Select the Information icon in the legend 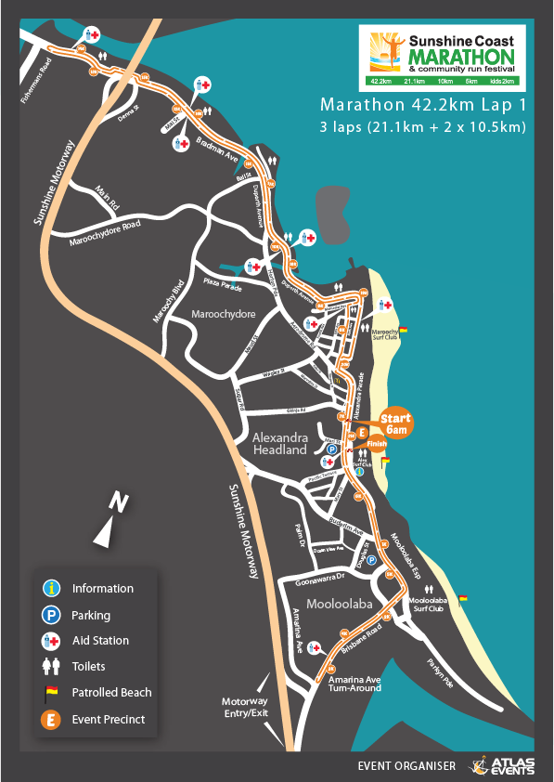pos(53,588)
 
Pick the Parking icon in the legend pos(53,615)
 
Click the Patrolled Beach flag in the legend pos(53,692)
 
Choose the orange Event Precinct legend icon pos(53,719)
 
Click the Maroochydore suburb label pos(223,314)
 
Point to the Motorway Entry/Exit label pos(244,707)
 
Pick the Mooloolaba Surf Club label pos(429,605)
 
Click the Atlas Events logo pos(502,765)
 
